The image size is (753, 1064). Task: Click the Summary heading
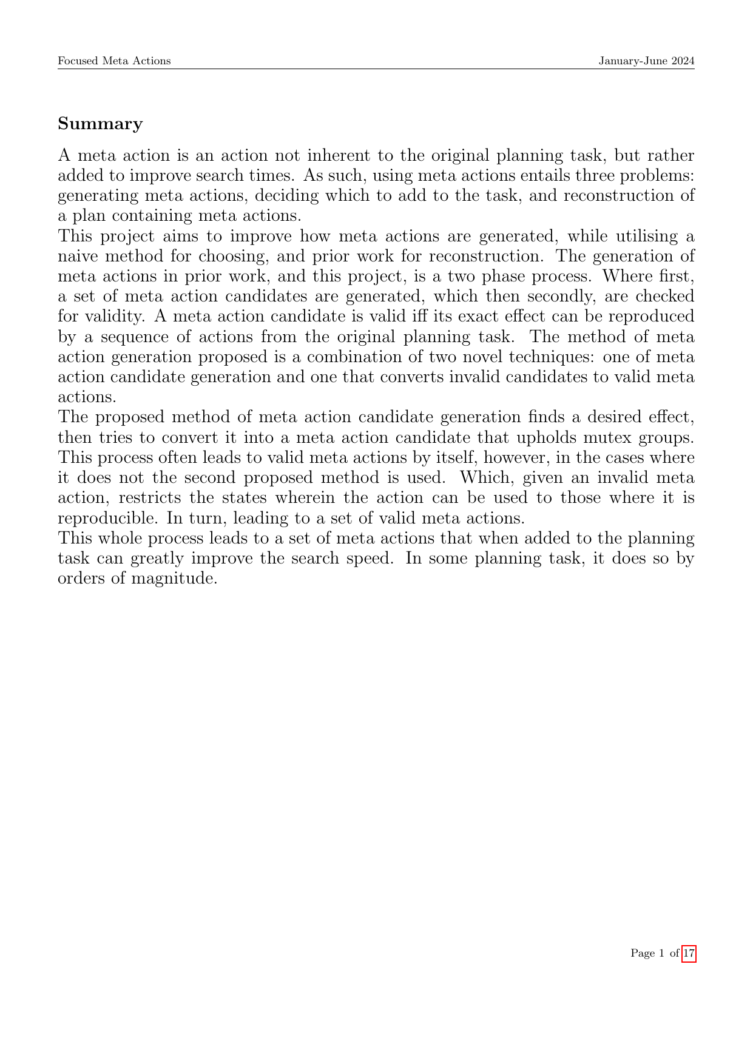(x=100, y=124)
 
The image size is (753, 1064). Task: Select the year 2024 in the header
(x=683, y=61)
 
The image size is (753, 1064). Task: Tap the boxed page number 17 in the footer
(x=689, y=953)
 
